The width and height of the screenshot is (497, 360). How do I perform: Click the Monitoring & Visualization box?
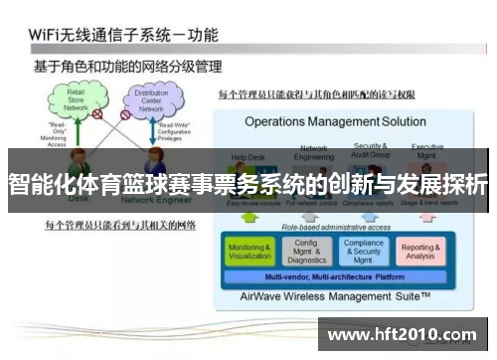pyautogui.click(x=248, y=251)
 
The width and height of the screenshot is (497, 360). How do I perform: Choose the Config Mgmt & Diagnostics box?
pyautogui.click(x=307, y=251)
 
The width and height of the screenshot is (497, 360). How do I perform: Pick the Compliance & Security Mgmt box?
pyautogui.click(x=363, y=251)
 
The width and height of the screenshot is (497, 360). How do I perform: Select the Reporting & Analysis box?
pyautogui.click(x=420, y=251)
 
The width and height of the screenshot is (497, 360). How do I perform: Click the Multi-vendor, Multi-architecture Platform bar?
pyautogui.click(x=334, y=275)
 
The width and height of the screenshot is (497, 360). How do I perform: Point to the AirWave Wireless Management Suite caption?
pyautogui.click(x=335, y=295)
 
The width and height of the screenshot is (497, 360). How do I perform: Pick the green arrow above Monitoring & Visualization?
pyautogui.click(x=248, y=216)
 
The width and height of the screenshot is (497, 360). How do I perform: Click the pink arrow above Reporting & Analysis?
pyautogui.click(x=420, y=216)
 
